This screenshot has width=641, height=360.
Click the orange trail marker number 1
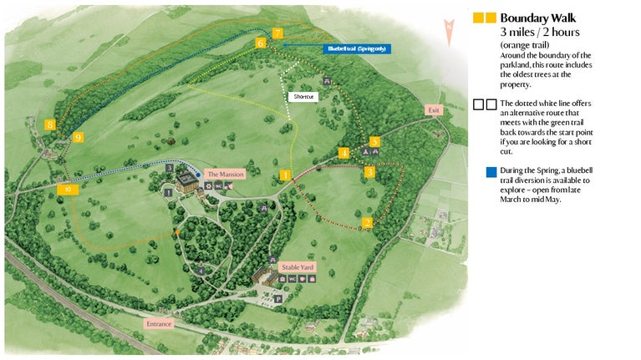[285, 175]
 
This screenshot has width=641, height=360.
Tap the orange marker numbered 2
[367, 223]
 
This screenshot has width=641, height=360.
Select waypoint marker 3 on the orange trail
[369, 172]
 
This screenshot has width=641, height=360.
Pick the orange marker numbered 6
[261, 43]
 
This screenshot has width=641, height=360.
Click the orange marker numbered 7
[277, 33]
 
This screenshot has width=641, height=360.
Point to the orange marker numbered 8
[51, 124]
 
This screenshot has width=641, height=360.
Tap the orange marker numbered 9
[78, 136]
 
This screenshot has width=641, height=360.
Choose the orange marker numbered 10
[68, 190]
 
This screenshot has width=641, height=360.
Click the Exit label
[433, 110]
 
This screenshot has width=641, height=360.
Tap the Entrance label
[158, 323]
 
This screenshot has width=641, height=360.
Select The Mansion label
[225, 174]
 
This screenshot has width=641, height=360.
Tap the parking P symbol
[278, 297]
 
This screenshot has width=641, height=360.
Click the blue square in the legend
[491, 173]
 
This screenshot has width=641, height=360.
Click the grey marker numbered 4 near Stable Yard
[201, 270]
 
